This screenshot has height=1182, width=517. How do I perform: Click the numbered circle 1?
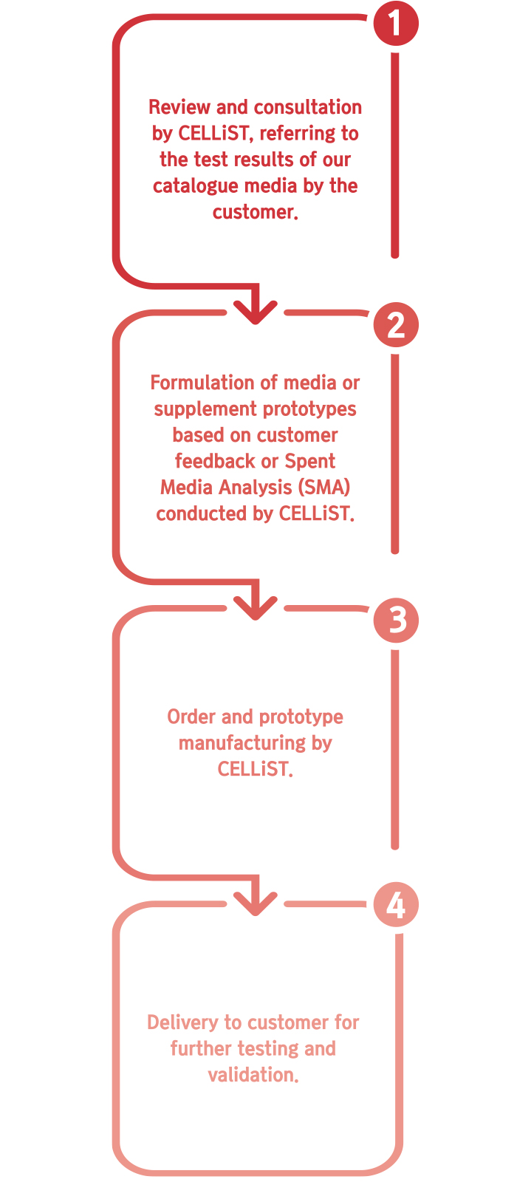pyautogui.click(x=396, y=23)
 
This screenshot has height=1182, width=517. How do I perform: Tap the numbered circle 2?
pyautogui.click(x=396, y=324)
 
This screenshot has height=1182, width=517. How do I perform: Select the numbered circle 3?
pyautogui.click(x=396, y=620)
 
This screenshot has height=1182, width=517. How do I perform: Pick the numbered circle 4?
pyautogui.click(x=396, y=904)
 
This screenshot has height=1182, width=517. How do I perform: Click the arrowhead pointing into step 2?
pyautogui.click(x=256, y=312)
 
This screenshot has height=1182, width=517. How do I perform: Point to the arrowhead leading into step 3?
pyautogui.click(x=256, y=608)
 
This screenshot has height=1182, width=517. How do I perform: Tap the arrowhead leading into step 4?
pyautogui.click(x=256, y=903)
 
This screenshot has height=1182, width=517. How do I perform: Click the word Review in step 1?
pyautogui.click(x=179, y=107)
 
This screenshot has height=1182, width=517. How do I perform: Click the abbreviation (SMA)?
pyautogui.click(x=324, y=487)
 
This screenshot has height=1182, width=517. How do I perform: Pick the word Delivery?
pyautogui.click(x=182, y=1022)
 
